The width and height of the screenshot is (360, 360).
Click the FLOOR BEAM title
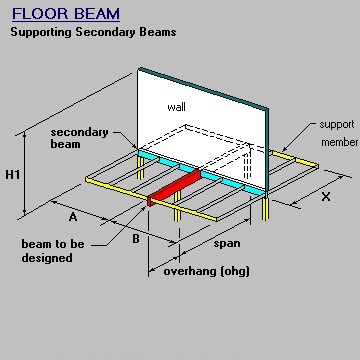(x=65, y=14)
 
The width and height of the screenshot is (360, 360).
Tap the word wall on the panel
(x=176, y=107)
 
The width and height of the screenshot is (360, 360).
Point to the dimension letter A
(x=73, y=216)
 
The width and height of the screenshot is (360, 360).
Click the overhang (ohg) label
(x=200, y=271)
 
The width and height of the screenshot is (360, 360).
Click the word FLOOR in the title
(x=40, y=14)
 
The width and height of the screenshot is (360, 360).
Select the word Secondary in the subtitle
(x=108, y=32)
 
